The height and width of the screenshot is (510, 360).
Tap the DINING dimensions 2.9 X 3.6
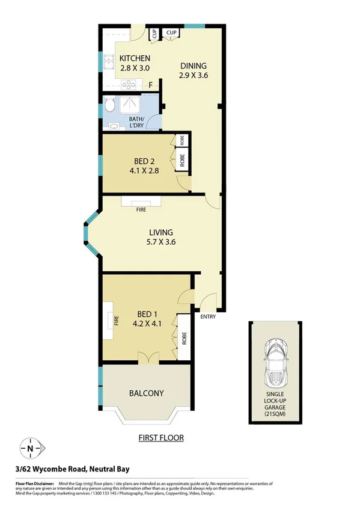(x=192, y=76)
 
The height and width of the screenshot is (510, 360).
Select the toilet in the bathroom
(x=109, y=106)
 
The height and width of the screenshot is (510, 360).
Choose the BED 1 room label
(x=148, y=315)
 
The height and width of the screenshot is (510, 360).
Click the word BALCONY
(x=147, y=394)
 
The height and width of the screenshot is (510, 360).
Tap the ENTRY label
(x=209, y=317)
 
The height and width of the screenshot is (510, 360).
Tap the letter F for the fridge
(x=150, y=85)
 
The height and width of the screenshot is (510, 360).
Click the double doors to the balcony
(x=147, y=358)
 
